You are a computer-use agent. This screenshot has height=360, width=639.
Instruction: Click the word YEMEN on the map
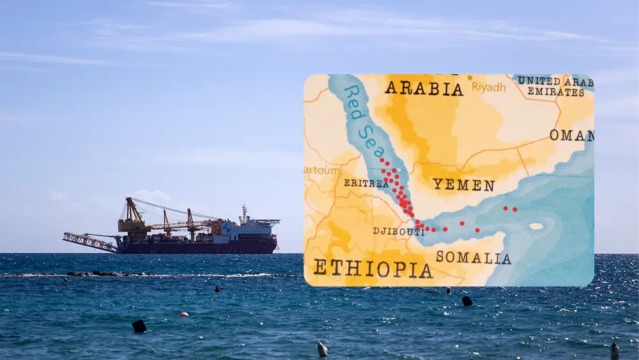tap(463, 185)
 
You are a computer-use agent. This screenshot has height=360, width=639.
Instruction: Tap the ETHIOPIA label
tap(373, 269)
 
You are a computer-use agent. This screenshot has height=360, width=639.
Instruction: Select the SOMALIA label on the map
tap(473, 258)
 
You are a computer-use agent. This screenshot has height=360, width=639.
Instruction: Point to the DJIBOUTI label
tap(399, 231)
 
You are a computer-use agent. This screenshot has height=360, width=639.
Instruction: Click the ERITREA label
tap(366, 183)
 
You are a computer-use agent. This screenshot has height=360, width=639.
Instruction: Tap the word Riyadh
tap(489, 88)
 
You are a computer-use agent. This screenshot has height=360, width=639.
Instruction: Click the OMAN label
tap(571, 136)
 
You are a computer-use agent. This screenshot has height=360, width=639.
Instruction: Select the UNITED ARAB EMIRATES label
tap(555, 86)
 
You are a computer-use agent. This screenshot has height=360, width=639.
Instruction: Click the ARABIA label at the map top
tap(423, 88)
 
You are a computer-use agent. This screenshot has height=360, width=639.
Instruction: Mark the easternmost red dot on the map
tap(514, 209)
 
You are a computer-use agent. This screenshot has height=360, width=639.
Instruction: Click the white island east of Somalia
tap(536, 226)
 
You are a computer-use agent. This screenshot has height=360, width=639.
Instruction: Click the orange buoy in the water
tap(184, 315)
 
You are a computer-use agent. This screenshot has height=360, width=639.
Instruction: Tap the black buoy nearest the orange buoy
tap(139, 326)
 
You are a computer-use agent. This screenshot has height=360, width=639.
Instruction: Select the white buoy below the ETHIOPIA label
tap(322, 349)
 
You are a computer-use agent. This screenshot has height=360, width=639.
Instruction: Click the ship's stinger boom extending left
tap(89, 242)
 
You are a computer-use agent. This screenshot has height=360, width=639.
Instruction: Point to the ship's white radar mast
tap(243, 213)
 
